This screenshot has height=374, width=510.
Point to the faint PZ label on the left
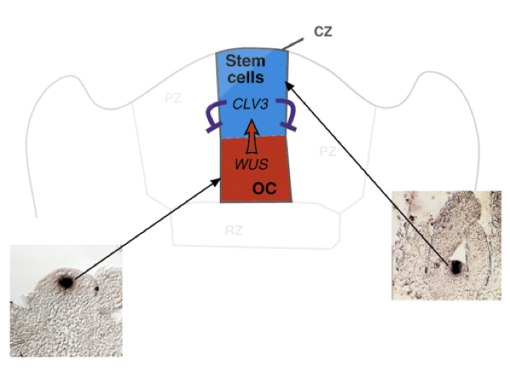[x=173, y=99]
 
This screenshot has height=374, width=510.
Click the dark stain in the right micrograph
[x=456, y=266]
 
